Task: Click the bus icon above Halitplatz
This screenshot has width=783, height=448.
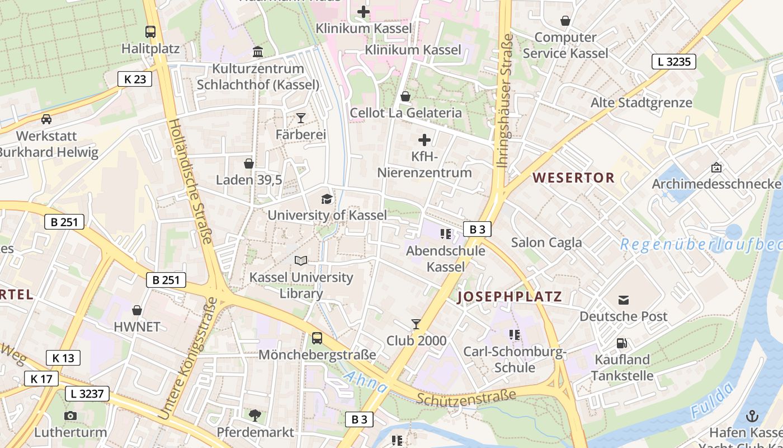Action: coord(150,32)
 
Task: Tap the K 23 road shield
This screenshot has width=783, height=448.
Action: coord(135,79)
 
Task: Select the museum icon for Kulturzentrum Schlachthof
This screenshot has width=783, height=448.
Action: coord(258,52)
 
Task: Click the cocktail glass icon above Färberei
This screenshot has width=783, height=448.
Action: coord(301,118)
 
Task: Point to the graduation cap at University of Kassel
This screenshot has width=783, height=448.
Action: coord(327,199)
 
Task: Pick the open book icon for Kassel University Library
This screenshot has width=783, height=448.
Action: coord(301,260)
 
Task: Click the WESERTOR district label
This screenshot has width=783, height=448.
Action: coord(573,178)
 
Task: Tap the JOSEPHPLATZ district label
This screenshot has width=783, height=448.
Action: coord(510,297)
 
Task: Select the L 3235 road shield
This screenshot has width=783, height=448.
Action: coord(673,62)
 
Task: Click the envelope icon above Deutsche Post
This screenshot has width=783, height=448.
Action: coord(624,300)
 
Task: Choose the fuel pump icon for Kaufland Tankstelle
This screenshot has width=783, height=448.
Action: coord(621,343)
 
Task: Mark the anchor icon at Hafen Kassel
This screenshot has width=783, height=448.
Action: coord(752,416)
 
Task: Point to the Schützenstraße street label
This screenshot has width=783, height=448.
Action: coord(466,397)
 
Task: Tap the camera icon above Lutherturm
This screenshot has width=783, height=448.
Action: coord(70,416)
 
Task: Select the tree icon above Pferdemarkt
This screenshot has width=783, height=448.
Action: coord(255,415)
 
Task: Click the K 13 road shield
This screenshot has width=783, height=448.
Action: coord(63,358)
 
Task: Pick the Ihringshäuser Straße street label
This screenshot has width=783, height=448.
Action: coord(505,101)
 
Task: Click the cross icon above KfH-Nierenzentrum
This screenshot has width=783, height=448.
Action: coord(424,139)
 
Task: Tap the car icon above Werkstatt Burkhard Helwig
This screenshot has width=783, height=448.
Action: coord(46,119)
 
